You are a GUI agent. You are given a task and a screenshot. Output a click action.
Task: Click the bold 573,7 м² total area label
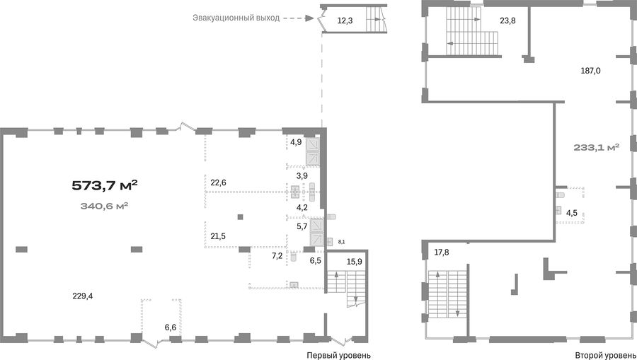point(105,185)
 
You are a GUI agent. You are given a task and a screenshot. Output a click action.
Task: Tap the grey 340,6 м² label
point(105,206)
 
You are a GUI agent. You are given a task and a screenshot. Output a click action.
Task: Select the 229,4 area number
point(83,296)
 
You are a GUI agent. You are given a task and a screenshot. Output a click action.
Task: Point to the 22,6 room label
point(218,182)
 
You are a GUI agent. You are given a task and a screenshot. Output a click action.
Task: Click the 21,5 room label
point(218,236)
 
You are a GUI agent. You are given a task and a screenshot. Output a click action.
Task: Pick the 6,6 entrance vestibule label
point(171,327)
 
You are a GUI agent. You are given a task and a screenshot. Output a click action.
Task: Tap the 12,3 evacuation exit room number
point(345,21)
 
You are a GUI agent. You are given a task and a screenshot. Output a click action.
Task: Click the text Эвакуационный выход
point(236,18)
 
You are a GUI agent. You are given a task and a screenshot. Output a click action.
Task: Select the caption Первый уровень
point(338,356)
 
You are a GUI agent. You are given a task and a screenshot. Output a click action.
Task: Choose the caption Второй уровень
point(604,356)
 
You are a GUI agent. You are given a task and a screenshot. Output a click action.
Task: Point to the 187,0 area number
point(591,71)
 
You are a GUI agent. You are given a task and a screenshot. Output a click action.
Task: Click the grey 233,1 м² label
point(597,147)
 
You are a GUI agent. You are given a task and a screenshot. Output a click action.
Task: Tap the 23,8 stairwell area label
point(507,21)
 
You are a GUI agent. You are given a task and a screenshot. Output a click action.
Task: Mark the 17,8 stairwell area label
point(442,252)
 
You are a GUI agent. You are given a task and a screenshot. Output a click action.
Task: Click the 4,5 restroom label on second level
point(572,213)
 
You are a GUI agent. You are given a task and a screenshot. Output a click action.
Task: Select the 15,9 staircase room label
point(355,262)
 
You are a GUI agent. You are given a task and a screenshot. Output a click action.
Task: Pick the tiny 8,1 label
point(341,242)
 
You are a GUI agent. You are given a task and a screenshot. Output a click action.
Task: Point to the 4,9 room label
point(296,142)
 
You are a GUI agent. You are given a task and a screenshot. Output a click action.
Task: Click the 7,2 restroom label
point(277,256)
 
